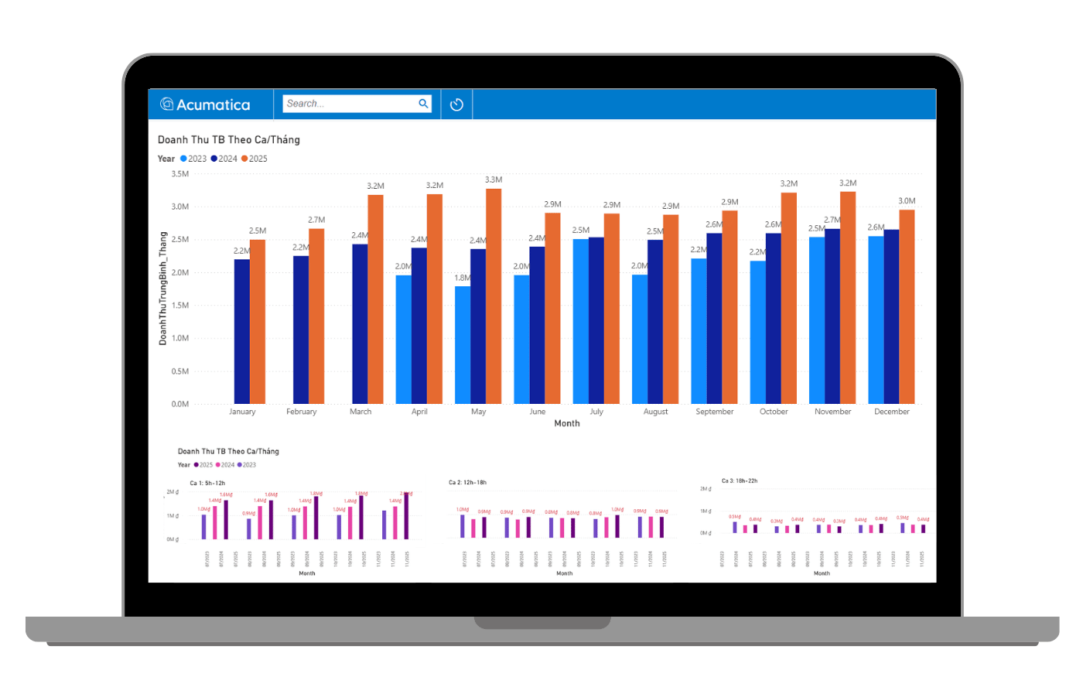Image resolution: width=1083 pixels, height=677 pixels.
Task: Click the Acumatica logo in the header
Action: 205,104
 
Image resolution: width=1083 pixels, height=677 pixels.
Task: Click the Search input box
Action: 348,104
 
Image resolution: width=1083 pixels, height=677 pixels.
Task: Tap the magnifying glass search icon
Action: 423,104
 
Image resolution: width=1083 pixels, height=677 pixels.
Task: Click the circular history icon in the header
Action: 456,104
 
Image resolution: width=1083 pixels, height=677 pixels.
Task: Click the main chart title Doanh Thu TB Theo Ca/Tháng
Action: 228,140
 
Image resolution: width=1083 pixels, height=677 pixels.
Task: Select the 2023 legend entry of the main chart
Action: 193,159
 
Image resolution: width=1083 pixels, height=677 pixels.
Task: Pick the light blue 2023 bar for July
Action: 580,321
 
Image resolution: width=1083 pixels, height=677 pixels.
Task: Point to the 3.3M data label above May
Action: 494,180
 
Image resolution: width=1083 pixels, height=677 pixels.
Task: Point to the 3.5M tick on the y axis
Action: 179,174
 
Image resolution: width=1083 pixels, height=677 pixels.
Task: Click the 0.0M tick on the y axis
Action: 179,404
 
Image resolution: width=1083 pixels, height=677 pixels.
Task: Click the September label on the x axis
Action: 714,412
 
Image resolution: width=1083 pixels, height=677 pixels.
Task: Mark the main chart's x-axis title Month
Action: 566,423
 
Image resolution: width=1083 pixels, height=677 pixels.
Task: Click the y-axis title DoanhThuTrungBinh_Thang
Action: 162,288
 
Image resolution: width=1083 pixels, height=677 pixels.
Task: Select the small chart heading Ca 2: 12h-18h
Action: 467,482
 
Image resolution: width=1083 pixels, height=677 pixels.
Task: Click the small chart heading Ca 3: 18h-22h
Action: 739,480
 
